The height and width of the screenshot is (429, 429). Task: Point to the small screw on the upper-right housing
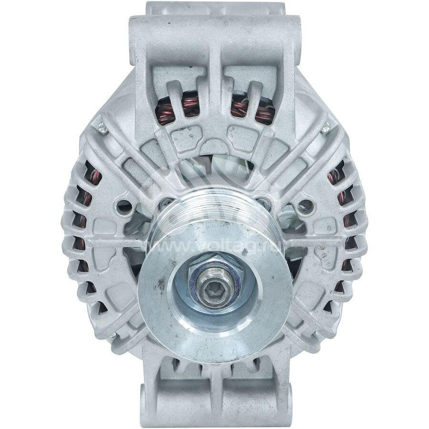tap(326, 127)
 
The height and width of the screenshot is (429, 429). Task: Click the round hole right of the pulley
tap(305, 206)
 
